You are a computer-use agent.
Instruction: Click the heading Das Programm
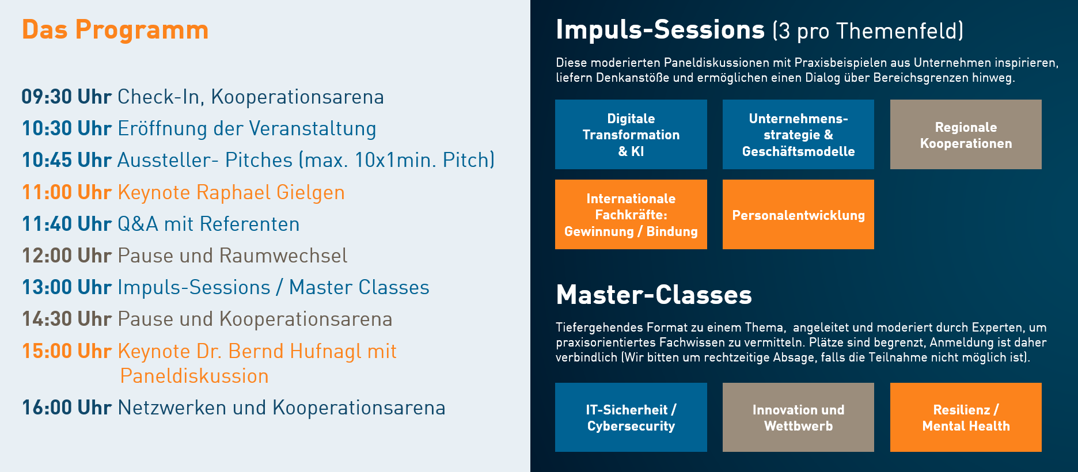coord(115,30)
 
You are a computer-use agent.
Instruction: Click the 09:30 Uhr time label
coord(66,97)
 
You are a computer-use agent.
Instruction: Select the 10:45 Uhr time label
coord(66,160)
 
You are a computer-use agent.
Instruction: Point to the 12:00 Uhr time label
coord(66,256)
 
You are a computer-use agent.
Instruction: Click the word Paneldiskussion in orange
coord(194,376)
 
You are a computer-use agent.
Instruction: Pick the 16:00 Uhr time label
coord(66,408)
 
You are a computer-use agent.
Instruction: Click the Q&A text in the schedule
coord(138,224)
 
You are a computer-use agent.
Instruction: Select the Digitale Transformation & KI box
coord(631,134)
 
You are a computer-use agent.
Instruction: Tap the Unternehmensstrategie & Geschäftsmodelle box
coord(798,134)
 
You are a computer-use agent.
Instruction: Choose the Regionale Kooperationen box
coord(966,134)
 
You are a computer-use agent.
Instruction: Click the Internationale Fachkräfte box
coord(631,214)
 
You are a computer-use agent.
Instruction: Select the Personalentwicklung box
coord(798,214)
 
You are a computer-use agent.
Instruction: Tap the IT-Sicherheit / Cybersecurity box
coord(631,417)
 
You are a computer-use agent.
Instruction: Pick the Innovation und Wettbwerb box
coord(798,417)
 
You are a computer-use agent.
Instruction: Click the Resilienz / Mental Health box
coord(966,417)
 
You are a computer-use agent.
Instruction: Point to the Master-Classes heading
coord(654,295)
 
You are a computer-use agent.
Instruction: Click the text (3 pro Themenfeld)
coord(868,31)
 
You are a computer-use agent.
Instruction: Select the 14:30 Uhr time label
coord(66,319)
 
